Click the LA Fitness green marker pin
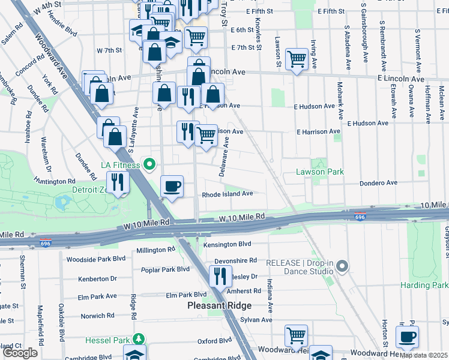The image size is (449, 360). tap(148, 164)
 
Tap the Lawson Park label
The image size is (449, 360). tap(320, 172)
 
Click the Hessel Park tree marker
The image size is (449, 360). tap(139, 340)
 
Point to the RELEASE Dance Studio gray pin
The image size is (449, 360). tap(342, 265)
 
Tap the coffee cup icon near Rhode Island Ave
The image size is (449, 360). tap(172, 187)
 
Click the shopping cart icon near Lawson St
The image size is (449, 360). tap(297, 59)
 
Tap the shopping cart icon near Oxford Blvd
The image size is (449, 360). tap(296, 335)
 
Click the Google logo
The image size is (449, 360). tap(20, 353)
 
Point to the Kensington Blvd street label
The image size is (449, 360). tap(227, 244)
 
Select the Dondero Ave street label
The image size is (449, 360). tap(378, 183)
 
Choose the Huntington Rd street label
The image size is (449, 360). tap(55, 181)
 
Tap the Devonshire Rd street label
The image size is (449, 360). tap(235, 260)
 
